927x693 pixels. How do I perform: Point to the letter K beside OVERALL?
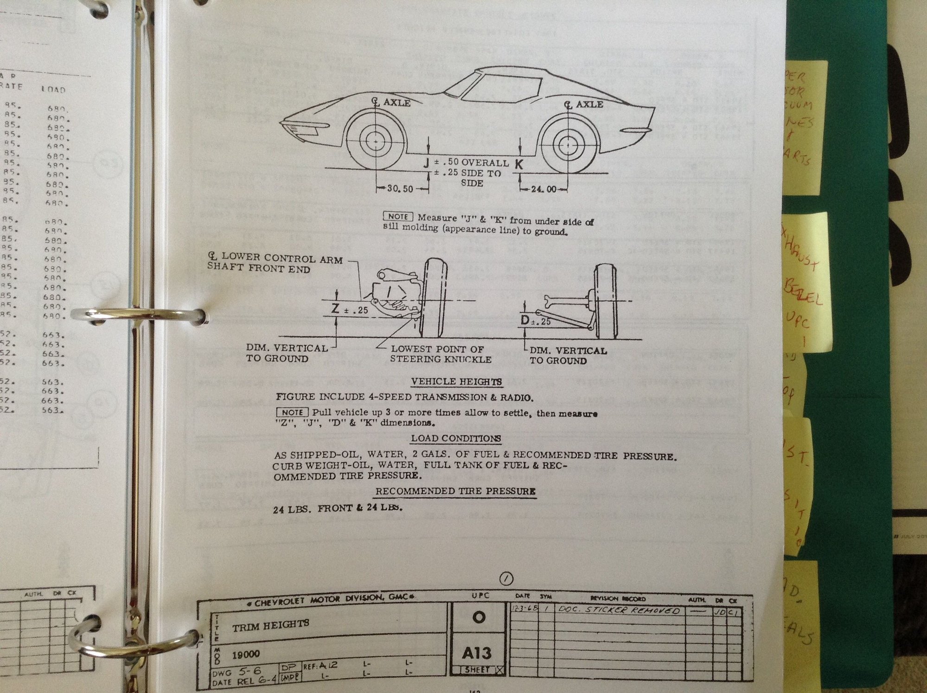[x=519, y=164]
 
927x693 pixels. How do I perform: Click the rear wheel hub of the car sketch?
[x=567, y=144]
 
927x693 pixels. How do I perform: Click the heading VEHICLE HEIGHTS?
[x=456, y=382]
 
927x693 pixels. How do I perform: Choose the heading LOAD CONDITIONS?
[x=456, y=438]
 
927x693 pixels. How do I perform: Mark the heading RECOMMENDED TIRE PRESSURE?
[x=455, y=491]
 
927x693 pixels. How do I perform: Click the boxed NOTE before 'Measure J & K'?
[x=398, y=217]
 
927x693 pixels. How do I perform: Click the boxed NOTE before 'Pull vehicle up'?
[x=292, y=412]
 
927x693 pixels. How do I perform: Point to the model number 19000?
[x=246, y=654]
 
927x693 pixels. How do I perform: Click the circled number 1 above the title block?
[x=506, y=578]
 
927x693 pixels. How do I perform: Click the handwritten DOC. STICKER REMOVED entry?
[x=619, y=610]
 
